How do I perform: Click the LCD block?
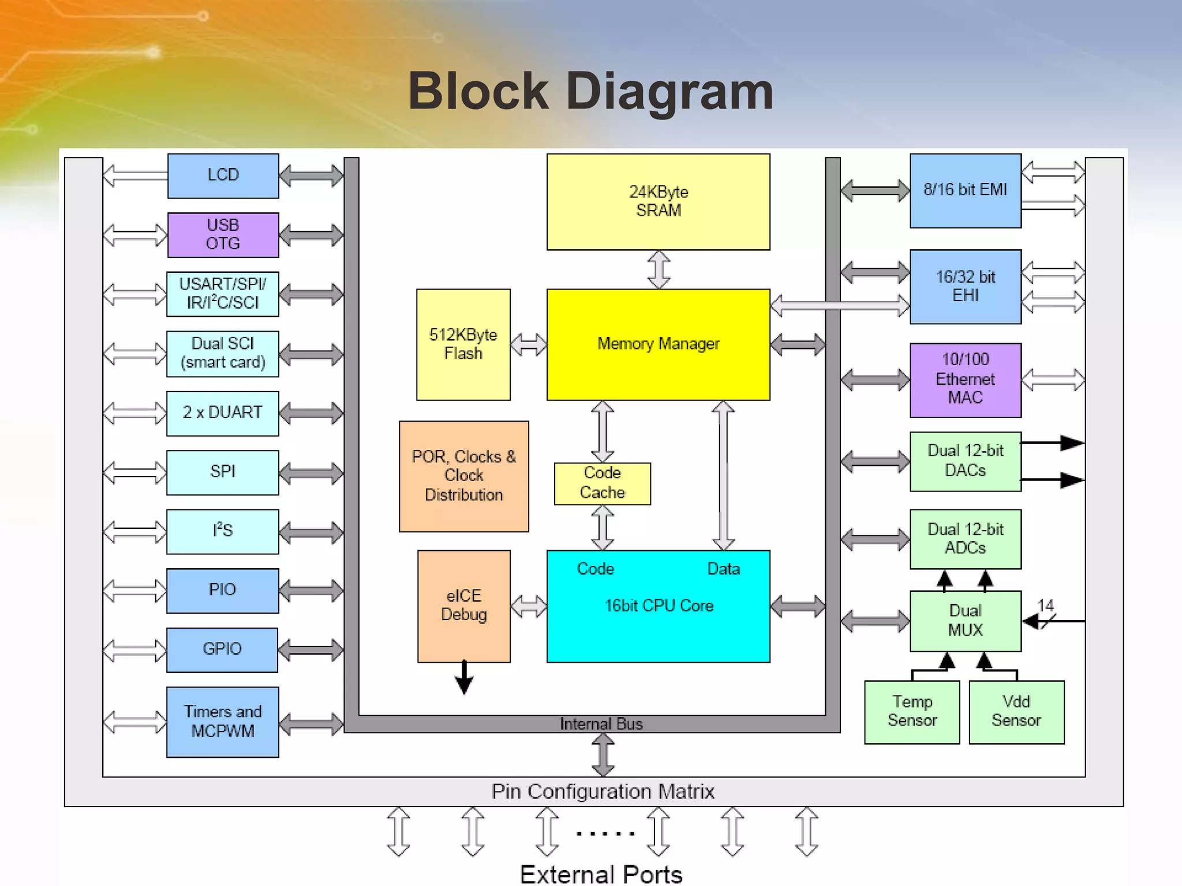(x=223, y=175)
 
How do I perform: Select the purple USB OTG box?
(x=223, y=235)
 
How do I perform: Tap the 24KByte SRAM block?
(x=658, y=201)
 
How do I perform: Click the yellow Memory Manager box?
(x=658, y=344)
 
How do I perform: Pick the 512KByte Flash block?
(x=463, y=344)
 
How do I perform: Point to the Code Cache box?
(x=602, y=483)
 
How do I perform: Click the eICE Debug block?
(x=463, y=606)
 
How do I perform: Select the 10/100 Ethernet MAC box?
(x=965, y=380)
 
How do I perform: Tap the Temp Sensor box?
(x=911, y=712)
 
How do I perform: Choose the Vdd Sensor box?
(x=1016, y=712)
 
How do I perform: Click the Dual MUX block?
(x=965, y=621)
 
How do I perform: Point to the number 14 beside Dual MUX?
(x=1045, y=605)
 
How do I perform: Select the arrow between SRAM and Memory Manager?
(x=659, y=269)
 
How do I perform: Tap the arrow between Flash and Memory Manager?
(x=529, y=344)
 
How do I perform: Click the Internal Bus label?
(x=601, y=724)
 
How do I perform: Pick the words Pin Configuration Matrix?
(x=603, y=791)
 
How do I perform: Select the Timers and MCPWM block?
(x=223, y=722)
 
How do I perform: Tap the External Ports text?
(x=601, y=874)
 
